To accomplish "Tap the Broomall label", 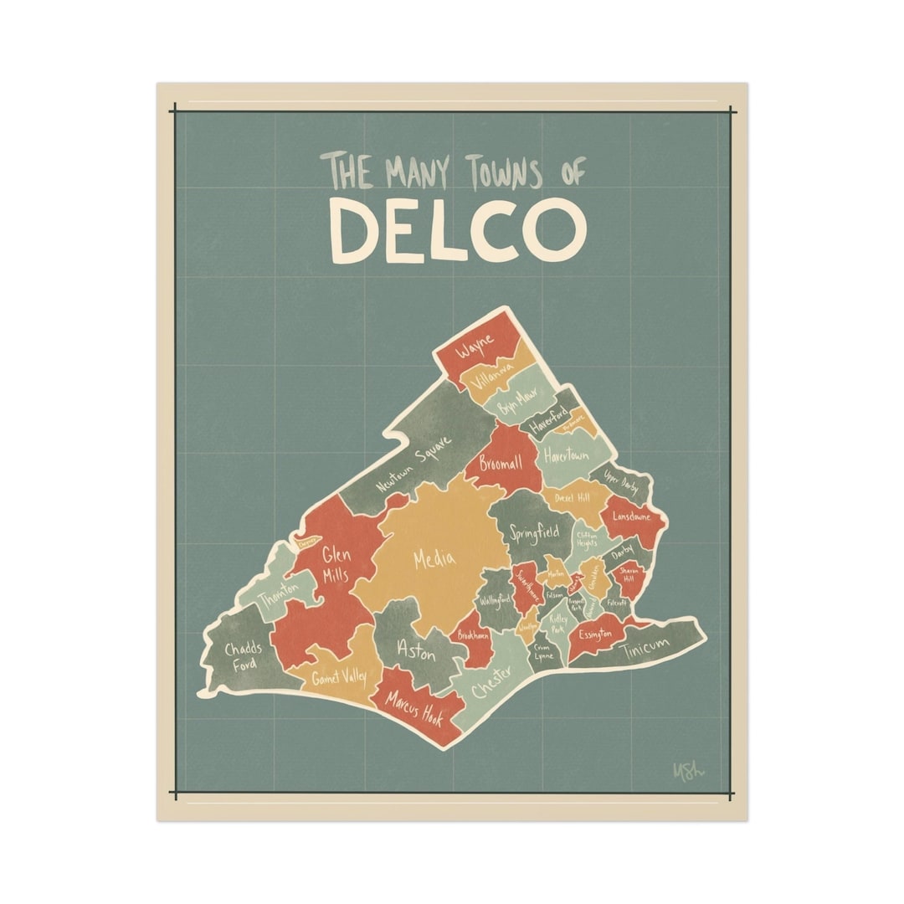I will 500,463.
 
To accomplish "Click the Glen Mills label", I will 335,565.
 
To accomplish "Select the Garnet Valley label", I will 339,676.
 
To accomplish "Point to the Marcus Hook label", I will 413,709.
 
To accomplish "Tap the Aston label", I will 416,651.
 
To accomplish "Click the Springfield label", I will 534,532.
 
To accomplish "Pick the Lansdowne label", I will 631,516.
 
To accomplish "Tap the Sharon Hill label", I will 629,573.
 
